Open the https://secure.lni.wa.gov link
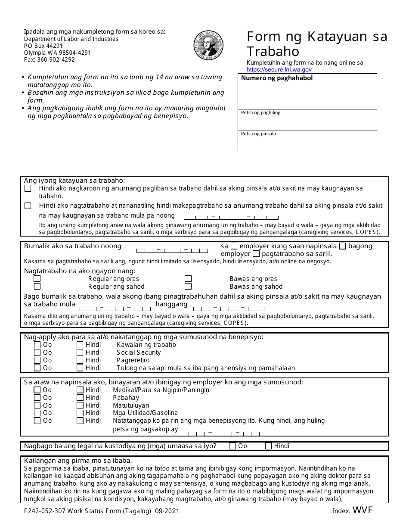coord(279,69)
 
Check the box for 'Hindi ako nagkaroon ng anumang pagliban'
coord(28,188)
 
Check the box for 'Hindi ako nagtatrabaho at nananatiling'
coord(28,206)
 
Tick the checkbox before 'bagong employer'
coord(343,246)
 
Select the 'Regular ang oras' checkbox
coord(37,279)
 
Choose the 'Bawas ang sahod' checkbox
coord(188,287)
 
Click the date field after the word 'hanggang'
coord(229,308)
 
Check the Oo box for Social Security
coord(37,352)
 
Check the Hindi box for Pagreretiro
coord(80,360)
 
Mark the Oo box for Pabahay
coord(37,398)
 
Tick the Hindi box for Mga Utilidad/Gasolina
coord(80,413)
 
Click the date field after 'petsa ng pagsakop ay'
coord(224,433)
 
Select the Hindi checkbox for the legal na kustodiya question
coord(269,446)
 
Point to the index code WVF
coord(363,511)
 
